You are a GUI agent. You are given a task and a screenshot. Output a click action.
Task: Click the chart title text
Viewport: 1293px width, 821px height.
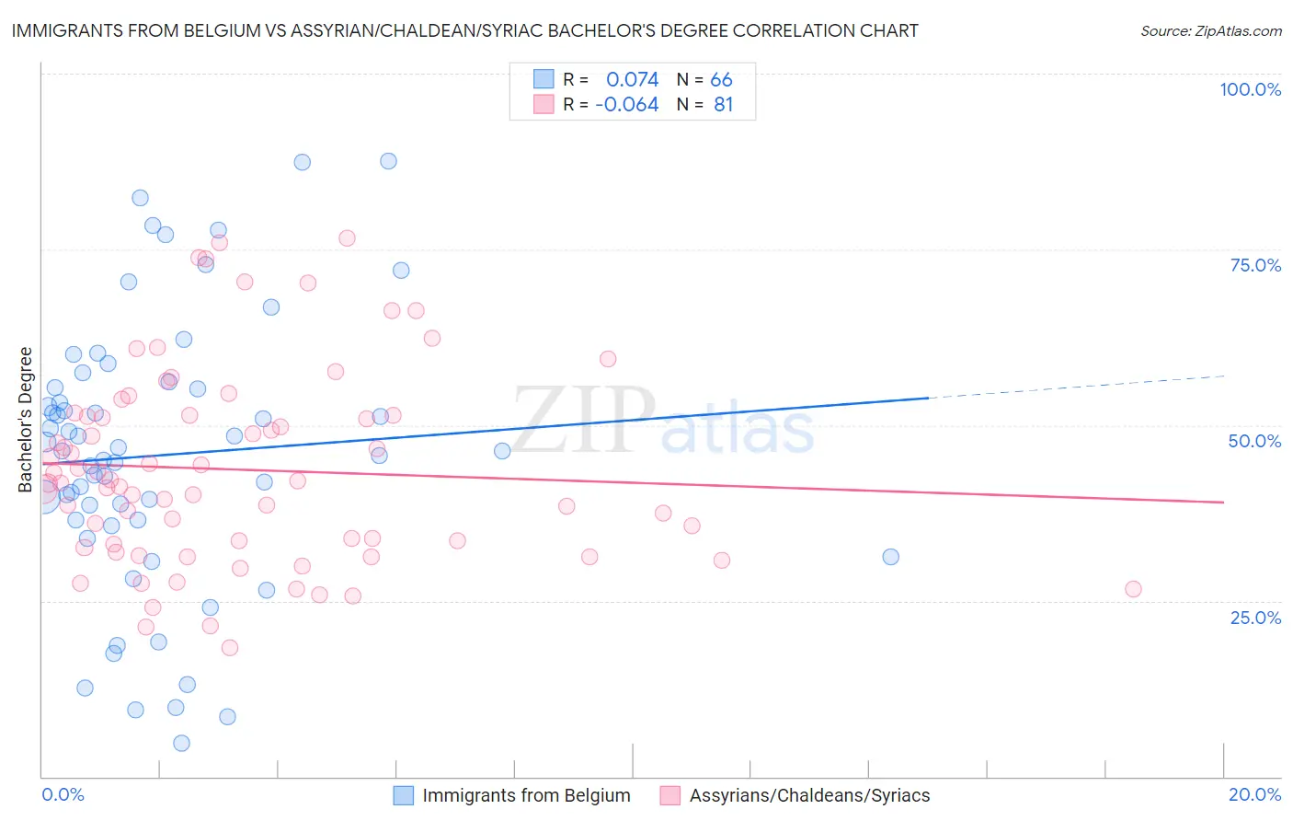click(x=464, y=30)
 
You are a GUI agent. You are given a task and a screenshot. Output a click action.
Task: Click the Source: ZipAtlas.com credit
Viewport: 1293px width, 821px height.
click(x=1210, y=31)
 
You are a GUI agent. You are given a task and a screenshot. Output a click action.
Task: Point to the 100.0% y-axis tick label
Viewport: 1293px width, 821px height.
click(x=1250, y=89)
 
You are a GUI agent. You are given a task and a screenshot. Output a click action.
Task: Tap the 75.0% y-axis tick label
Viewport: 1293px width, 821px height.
click(x=1255, y=265)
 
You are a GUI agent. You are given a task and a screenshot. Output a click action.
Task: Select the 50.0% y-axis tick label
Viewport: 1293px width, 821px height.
click(x=1254, y=441)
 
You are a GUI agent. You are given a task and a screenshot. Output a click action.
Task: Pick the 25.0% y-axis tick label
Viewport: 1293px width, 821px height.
click(x=1255, y=617)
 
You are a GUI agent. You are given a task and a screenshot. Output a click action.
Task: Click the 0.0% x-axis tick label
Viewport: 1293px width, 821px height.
click(x=63, y=794)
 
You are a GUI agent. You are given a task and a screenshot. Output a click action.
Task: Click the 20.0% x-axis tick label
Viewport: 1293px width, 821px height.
click(x=1254, y=794)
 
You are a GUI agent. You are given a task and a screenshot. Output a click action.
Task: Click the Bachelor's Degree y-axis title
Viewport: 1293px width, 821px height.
click(x=26, y=420)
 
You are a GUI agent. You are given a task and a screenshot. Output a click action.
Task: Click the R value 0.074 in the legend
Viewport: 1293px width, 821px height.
click(x=632, y=80)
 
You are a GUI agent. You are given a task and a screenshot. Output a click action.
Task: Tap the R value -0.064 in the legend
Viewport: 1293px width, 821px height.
click(x=627, y=105)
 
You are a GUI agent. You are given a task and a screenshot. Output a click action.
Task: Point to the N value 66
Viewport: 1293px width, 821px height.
click(x=721, y=80)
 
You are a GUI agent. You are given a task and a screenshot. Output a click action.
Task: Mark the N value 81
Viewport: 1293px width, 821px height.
click(x=723, y=105)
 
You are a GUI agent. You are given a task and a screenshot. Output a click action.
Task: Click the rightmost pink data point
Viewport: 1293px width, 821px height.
click(x=1133, y=589)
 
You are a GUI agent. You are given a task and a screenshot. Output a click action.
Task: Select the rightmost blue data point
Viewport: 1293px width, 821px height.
click(x=890, y=557)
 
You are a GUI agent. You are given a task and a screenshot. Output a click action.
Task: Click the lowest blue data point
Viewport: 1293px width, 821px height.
click(x=181, y=743)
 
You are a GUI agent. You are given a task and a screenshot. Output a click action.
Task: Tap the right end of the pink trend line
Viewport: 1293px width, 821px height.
click(x=1223, y=502)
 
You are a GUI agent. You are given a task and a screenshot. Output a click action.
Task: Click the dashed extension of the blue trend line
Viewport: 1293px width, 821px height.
click(x=1076, y=387)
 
